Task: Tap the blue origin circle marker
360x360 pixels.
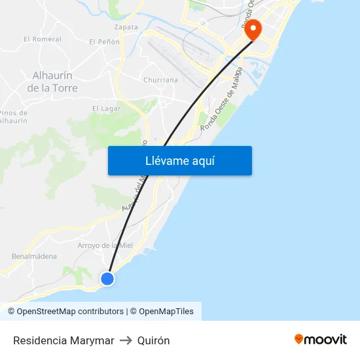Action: [x=107, y=279]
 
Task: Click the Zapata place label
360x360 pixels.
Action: [x=126, y=27]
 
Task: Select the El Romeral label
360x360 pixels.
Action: [x=42, y=39]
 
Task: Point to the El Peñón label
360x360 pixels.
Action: [x=104, y=42]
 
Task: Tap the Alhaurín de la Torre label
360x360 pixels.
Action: [x=55, y=82]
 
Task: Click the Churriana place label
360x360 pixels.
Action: [x=160, y=81]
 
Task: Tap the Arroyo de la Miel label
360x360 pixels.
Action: [x=105, y=245]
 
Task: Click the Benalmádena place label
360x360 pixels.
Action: [x=34, y=257]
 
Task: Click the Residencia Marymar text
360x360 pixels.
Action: [x=63, y=340]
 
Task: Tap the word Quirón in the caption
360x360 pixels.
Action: [x=154, y=340]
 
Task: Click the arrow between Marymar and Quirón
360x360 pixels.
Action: [x=126, y=340]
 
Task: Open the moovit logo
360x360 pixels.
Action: [x=321, y=339]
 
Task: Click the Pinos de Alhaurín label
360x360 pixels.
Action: [x=14, y=117]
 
